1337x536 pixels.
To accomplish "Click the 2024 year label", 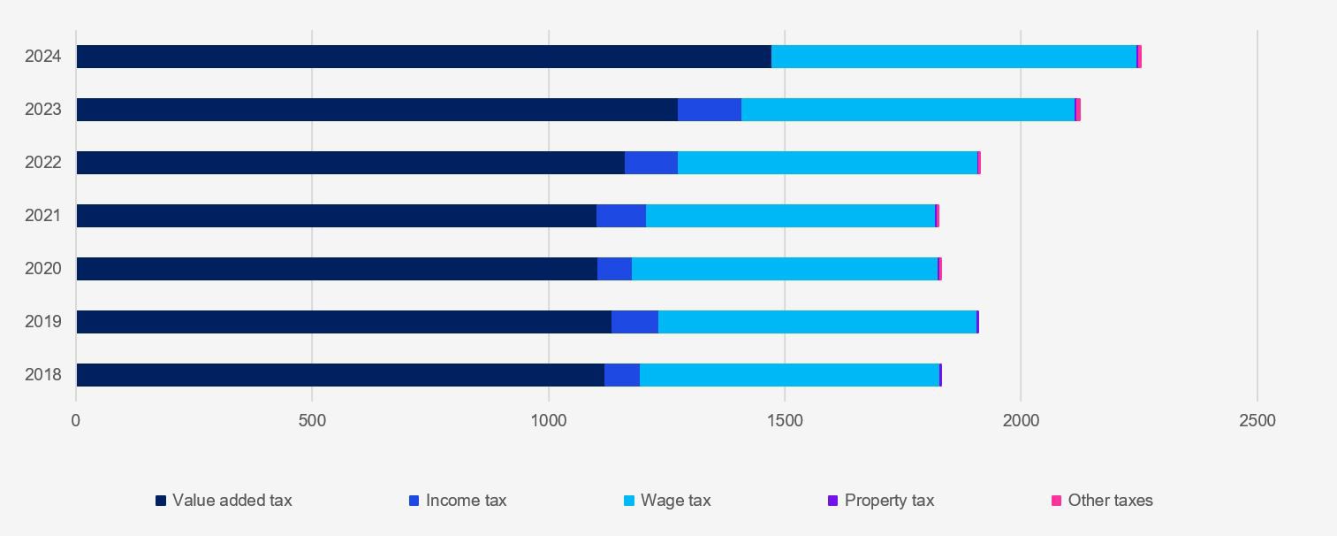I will pyautogui.click(x=43, y=57).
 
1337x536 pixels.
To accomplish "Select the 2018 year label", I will pyautogui.click(x=43, y=375).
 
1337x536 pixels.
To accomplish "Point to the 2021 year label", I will pyautogui.click(x=43, y=216).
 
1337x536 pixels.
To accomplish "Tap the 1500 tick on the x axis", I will pyautogui.click(x=785, y=421).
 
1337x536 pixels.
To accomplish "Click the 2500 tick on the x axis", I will pyautogui.click(x=1257, y=421).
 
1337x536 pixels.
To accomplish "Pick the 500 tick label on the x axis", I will pyautogui.click(x=312, y=421).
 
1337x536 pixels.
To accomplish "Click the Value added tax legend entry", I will pyautogui.click(x=232, y=501).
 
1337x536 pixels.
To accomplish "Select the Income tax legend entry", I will pyautogui.click(x=466, y=501).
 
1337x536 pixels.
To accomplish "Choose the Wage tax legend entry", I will pyautogui.click(x=675, y=501).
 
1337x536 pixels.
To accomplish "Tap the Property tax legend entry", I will pyautogui.click(x=889, y=501).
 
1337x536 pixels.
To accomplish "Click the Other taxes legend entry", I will pyautogui.click(x=1110, y=501).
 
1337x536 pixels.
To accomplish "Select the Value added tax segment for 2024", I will pyautogui.click(x=424, y=57).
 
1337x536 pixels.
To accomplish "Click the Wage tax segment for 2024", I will pyautogui.click(x=953, y=57).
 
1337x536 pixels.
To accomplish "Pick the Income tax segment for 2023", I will pyautogui.click(x=710, y=110).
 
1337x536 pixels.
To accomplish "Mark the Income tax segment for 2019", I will pyautogui.click(x=634, y=322).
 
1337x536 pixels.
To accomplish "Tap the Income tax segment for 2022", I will pyautogui.click(x=651, y=163).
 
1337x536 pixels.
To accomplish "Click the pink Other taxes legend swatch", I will pyautogui.click(x=1056, y=501).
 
